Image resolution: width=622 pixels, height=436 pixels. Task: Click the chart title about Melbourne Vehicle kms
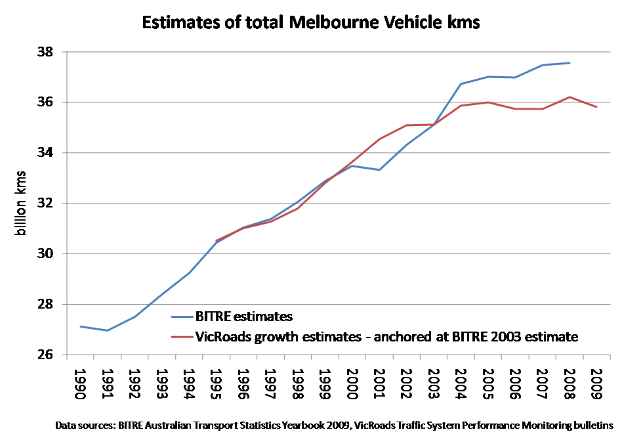(311, 23)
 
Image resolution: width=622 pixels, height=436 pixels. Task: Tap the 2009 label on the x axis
(596, 382)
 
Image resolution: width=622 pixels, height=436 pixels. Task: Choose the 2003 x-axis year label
(434, 382)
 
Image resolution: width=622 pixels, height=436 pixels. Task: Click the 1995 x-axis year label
(217, 382)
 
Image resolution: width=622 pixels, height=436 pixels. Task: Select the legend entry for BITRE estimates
(243, 316)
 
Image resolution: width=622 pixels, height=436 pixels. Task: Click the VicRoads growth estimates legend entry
(386, 337)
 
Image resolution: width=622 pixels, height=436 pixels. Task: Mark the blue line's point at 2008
(570, 63)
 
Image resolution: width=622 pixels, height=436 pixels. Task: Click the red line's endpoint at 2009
(596, 107)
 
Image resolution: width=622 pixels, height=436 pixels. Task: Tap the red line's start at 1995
(217, 240)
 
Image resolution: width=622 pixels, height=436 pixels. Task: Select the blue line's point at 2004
(461, 84)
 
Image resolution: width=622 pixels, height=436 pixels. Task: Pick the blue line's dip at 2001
(379, 170)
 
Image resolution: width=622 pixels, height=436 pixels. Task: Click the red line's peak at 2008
(570, 97)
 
